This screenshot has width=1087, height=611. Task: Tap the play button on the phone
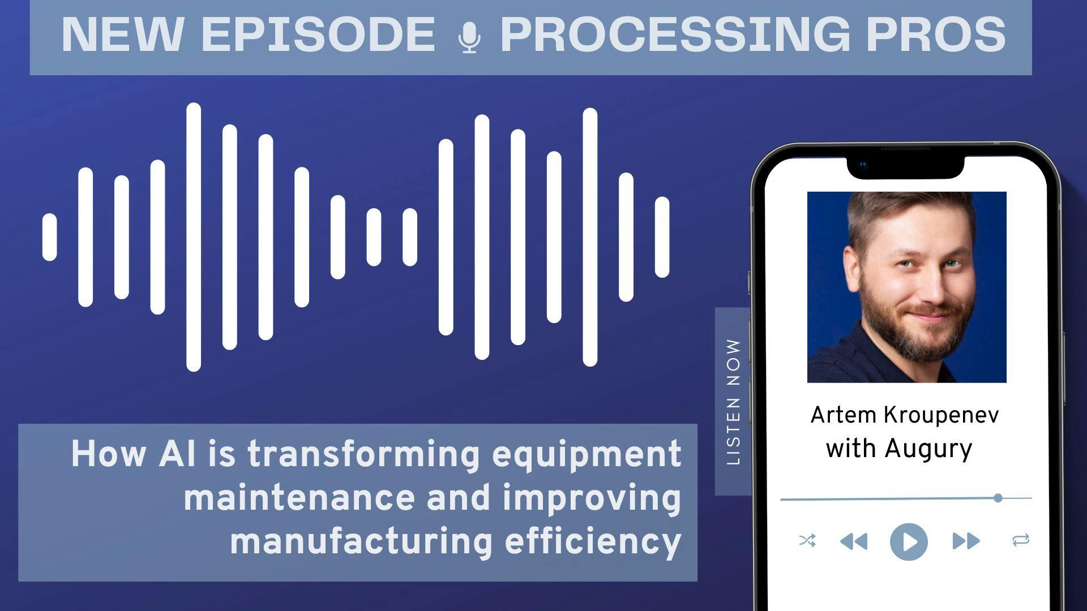click(909, 541)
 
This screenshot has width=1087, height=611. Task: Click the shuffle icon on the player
click(807, 541)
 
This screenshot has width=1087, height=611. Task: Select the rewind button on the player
click(854, 541)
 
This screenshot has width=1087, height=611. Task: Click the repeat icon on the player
click(1021, 541)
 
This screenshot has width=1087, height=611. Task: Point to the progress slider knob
click(998, 498)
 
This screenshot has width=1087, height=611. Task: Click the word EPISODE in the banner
click(318, 35)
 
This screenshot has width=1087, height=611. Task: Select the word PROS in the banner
click(936, 35)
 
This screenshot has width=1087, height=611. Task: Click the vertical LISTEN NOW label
click(733, 402)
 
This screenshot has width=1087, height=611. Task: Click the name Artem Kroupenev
click(905, 415)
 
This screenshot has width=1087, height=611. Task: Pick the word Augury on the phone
click(928, 449)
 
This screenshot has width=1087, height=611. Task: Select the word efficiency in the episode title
click(593, 542)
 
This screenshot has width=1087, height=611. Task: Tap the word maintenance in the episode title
click(299, 498)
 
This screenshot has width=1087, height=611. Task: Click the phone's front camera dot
click(863, 165)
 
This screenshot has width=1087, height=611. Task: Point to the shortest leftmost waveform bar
click(50, 237)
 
